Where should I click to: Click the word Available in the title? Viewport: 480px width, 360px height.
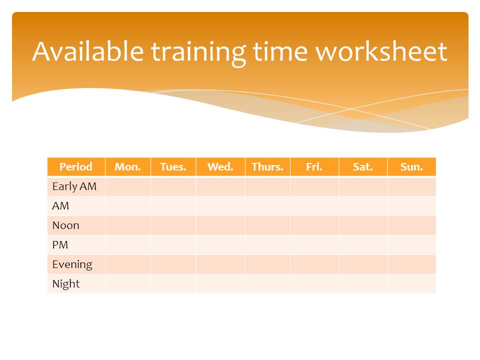click(x=88, y=51)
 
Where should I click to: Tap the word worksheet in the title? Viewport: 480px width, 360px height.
click(x=381, y=51)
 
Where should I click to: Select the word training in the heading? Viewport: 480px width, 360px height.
click(x=198, y=53)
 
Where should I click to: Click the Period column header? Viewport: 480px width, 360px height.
click(x=76, y=167)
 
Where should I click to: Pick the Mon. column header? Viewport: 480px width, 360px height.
click(x=127, y=167)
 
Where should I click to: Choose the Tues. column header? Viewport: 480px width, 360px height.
click(x=173, y=167)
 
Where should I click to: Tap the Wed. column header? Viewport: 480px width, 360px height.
click(x=220, y=167)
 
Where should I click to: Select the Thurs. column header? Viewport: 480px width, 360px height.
click(x=267, y=167)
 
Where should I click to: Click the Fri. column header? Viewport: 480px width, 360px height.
click(x=314, y=167)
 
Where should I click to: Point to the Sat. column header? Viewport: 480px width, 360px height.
click(x=363, y=167)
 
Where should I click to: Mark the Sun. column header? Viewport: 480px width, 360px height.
click(x=411, y=167)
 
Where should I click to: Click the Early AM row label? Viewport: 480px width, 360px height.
click(x=74, y=186)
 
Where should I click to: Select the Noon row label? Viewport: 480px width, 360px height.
click(x=66, y=225)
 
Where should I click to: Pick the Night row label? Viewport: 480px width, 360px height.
click(x=66, y=284)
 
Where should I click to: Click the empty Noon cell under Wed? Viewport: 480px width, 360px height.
click(x=220, y=225)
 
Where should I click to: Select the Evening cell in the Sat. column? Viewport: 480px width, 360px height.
click(x=363, y=264)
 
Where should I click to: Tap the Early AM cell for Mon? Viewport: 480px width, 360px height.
click(x=128, y=186)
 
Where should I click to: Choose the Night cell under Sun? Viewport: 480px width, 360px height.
click(x=411, y=284)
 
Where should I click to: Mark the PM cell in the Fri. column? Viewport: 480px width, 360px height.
click(x=314, y=245)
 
